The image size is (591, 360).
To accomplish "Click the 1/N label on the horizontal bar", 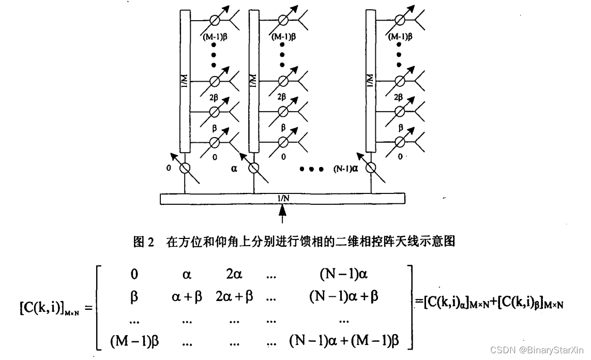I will click(x=282, y=198).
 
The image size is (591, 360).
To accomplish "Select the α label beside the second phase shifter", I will click(x=234, y=168).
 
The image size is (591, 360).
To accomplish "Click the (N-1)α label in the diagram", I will click(x=346, y=168).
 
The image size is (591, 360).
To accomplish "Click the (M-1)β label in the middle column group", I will click(x=283, y=36).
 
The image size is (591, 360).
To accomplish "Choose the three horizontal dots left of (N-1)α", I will click(x=312, y=169).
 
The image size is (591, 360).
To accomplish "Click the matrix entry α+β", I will click(x=186, y=296).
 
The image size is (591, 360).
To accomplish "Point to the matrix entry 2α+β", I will click(x=234, y=296).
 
